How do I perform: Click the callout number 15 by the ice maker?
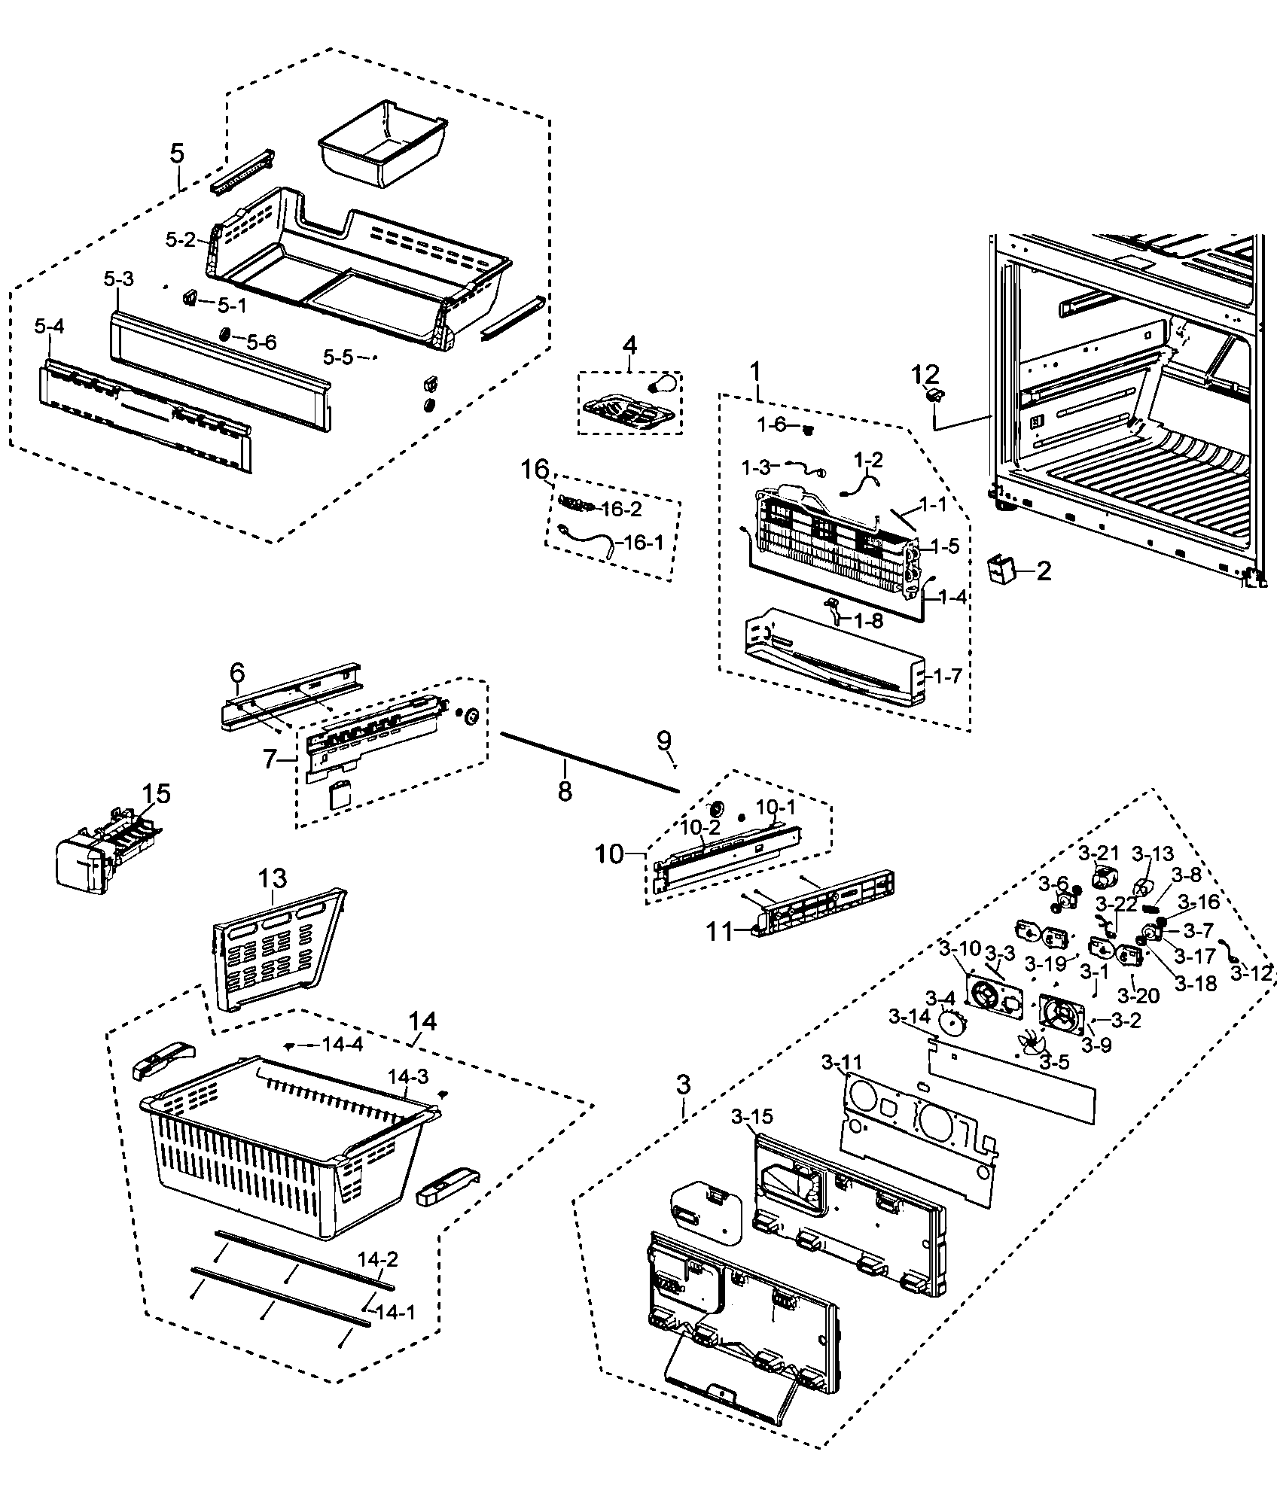[x=157, y=793]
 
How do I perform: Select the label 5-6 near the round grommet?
[x=261, y=342]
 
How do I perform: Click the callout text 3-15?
[x=751, y=1116]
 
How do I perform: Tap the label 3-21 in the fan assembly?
[x=1099, y=854]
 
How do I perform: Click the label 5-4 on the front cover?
[x=49, y=327]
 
